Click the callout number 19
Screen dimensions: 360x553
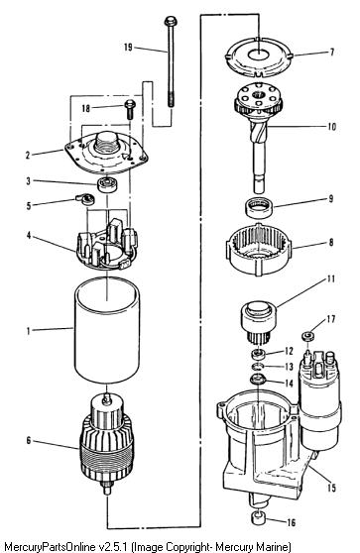[128, 47]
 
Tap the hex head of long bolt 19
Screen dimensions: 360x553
[171, 21]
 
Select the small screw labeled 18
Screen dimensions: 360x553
[130, 110]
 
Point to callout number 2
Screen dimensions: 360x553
[28, 155]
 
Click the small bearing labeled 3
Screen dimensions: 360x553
[107, 184]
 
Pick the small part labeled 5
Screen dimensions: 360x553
[85, 199]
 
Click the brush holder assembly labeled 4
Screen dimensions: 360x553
[106, 245]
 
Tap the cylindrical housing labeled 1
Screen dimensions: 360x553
[106, 330]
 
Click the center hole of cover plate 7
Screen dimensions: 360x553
[259, 55]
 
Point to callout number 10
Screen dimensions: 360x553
[331, 127]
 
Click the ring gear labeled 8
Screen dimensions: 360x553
[259, 249]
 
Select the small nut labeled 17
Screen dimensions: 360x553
[308, 336]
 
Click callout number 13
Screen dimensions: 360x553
[289, 367]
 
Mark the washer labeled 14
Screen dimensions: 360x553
[258, 381]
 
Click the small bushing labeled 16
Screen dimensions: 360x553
[258, 518]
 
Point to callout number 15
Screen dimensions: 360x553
[332, 488]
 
